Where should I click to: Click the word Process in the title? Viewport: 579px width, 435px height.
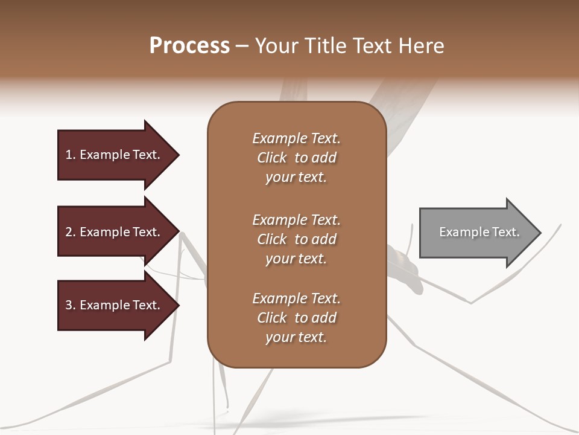click(189, 46)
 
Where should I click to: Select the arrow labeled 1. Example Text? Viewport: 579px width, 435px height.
click(115, 155)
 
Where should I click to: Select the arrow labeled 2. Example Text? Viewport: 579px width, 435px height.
click(115, 232)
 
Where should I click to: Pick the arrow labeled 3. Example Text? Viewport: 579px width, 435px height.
click(115, 305)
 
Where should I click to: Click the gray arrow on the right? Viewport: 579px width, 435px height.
click(476, 233)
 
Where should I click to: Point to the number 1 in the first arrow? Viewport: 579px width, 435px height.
click(69, 155)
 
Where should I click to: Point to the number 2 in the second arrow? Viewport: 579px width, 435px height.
click(69, 232)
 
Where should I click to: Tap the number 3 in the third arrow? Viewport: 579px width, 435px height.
click(69, 305)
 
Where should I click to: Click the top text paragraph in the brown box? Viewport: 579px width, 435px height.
click(296, 158)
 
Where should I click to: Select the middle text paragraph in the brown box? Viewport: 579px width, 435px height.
click(296, 239)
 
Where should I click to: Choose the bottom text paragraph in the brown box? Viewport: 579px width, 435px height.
click(296, 318)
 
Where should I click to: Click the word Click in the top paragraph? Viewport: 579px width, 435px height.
click(271, 158)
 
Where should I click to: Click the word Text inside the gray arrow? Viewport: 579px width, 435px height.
click(505, 232)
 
